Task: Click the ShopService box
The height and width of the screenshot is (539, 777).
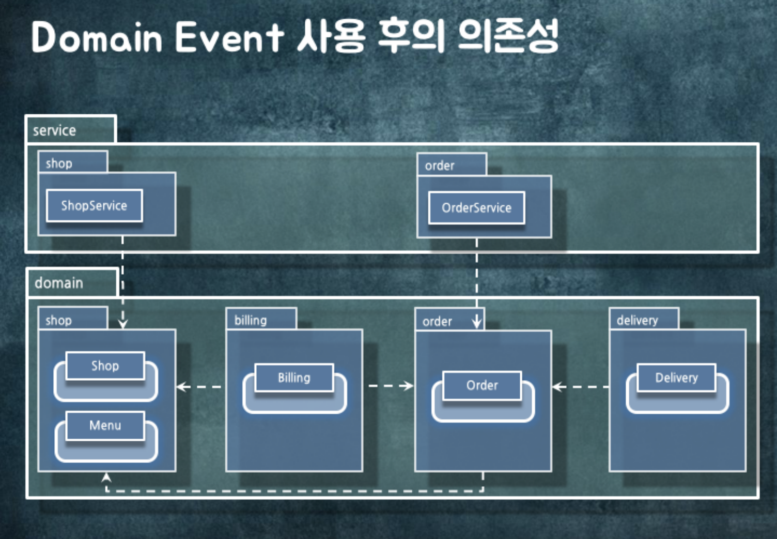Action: point(94,206)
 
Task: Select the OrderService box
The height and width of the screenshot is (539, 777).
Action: point(476,208)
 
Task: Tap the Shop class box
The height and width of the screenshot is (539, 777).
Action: point(105,366)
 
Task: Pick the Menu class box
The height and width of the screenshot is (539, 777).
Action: point(105,426)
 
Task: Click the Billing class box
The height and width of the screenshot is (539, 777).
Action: point(294,378)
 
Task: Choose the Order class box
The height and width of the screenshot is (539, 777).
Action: point(482,385)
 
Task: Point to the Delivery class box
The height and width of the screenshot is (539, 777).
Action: point(676,378)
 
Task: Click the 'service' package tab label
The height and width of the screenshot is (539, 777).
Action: point(54,130)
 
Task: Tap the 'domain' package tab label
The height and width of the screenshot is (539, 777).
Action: point(59,283)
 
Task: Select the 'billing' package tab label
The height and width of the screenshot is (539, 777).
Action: point(251,320)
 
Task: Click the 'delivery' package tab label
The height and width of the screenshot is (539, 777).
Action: point(637,320)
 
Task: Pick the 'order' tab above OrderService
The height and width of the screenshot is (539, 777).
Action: point(440,166)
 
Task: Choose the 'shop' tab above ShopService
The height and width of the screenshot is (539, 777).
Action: point(59,163)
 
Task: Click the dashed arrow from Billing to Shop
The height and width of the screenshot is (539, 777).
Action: point(199,386)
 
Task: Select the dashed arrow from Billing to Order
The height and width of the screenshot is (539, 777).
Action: point(391,386)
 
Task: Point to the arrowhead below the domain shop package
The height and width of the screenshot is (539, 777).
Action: point(106,477)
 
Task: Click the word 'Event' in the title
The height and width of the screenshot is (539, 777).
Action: point(229,37)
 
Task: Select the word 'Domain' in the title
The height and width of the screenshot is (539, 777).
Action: point(97,37)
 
